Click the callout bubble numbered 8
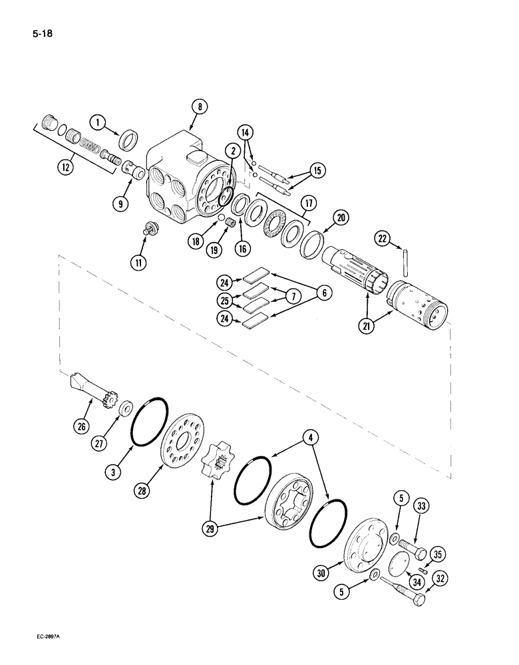pos(199,106)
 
